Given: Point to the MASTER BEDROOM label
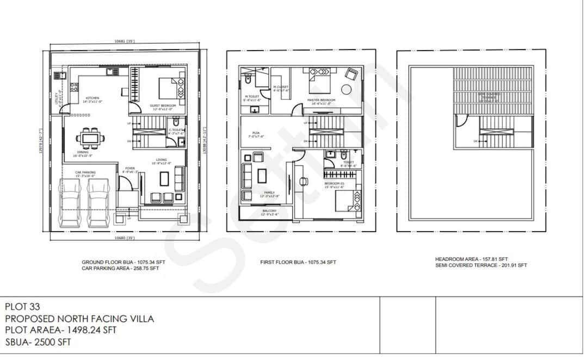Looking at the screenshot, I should (321, 100).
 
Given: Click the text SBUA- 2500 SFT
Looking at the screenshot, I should (38, 343).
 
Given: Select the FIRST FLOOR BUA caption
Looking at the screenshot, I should (298, 262).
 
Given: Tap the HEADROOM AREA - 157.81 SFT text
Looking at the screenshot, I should (471, 259).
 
